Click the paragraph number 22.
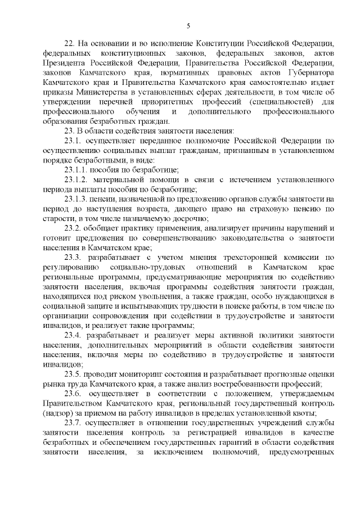pyautogui.click(x=70, y=43)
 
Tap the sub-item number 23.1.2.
pyautogui.click(x=76, y=180)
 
